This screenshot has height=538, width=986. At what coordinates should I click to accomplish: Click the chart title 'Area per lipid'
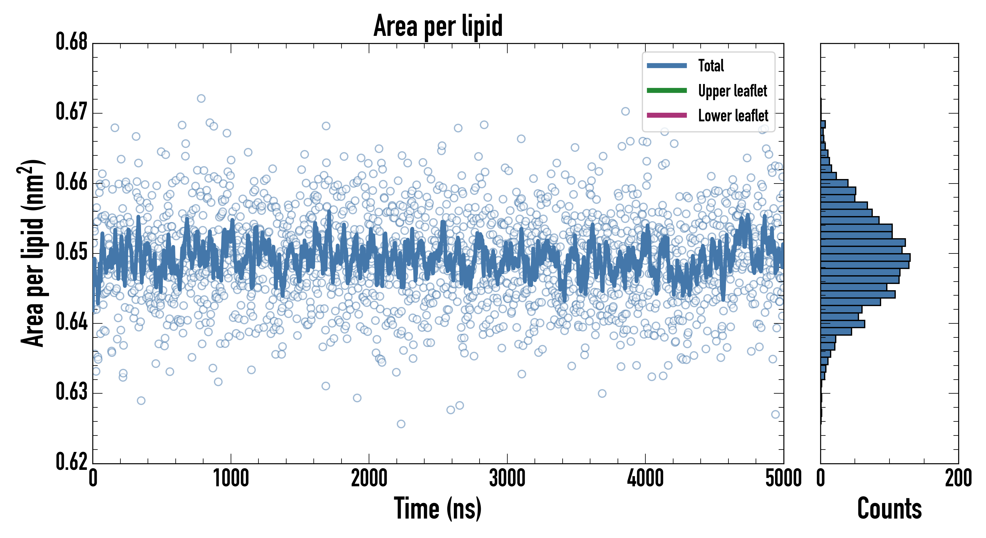(x=438, y=26)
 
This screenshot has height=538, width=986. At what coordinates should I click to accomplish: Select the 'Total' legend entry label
(x=711, y=65)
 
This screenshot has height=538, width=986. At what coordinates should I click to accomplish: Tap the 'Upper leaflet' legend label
(x=733, y=91)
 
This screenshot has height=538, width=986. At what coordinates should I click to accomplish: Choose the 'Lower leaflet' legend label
(x=733, y=115)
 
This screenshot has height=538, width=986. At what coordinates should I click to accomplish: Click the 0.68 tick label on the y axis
(x=72, y=42)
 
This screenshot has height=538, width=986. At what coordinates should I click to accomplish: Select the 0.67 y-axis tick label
(x=72, y=112)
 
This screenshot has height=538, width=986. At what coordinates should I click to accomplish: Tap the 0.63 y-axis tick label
(x=72, y=392)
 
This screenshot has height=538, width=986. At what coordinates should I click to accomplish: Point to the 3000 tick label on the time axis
(x=507, y=479)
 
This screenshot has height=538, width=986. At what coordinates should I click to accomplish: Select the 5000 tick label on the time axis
(x=783, y=479)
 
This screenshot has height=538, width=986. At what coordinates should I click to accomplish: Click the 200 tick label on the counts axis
(x=958, y=479)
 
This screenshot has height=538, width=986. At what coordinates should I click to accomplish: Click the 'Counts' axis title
(x=889, y=508)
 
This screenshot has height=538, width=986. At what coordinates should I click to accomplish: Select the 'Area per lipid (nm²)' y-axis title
(x=33, y=253)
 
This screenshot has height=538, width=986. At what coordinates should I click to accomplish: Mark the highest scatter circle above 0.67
(x=201, y=98)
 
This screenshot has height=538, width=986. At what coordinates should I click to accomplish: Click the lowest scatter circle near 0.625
(x=401, y=424)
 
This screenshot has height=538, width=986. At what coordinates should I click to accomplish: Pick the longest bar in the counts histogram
(x=865, y=257)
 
